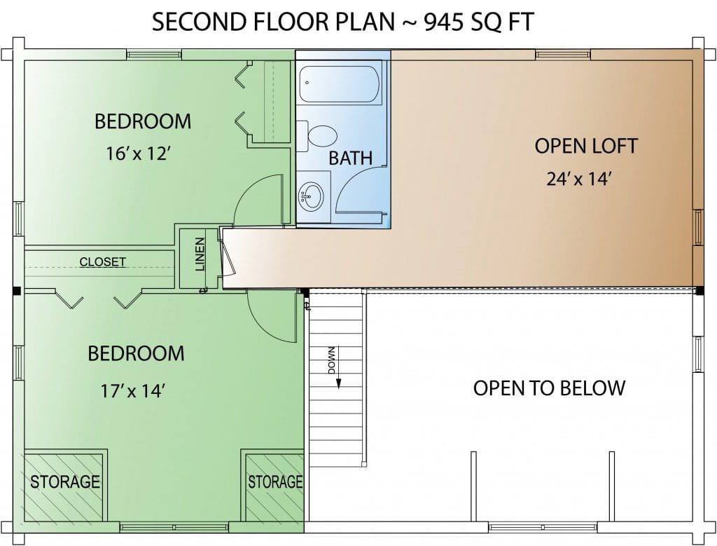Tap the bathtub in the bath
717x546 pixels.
pos(341,85)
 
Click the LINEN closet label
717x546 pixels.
pos(200,254)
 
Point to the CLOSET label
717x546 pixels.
pos(102,262)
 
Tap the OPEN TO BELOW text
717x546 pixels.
pos(549,388)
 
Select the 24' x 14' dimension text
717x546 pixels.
pos(579,179)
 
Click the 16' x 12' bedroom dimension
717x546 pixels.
pos(138,153)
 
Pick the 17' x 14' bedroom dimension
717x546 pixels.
pos(132,391)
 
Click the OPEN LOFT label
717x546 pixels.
pos(586,146)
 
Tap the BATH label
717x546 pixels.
pos(351,158)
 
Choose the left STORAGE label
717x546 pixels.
pos(65,482)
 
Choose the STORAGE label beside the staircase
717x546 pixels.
pos(275,482)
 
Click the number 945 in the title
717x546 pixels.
pos(443,22)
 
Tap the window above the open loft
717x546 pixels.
pos(563,55)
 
